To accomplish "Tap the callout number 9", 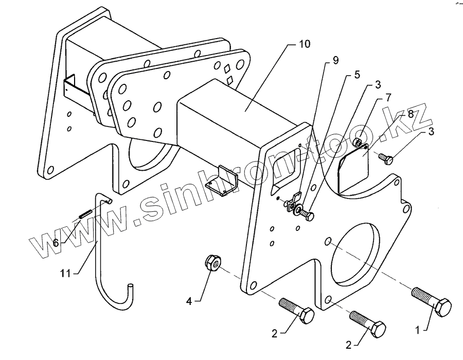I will click(335, 61).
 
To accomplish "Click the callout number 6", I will click(55, 242).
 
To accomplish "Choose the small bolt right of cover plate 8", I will click(387, 159).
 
